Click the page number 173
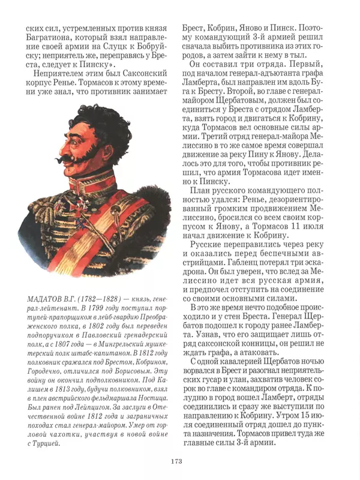[x=176, y=461]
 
